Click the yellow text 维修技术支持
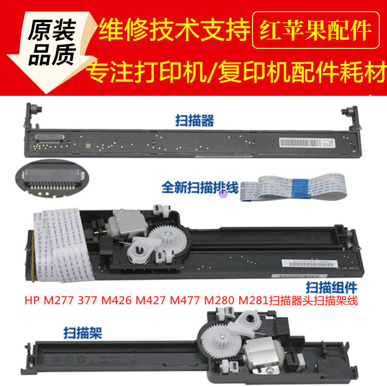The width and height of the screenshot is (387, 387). (x=174, y=30)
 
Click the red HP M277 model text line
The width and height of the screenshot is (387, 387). (x=191, y=301)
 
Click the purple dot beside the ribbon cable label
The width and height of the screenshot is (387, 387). (x=223, y=194)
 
